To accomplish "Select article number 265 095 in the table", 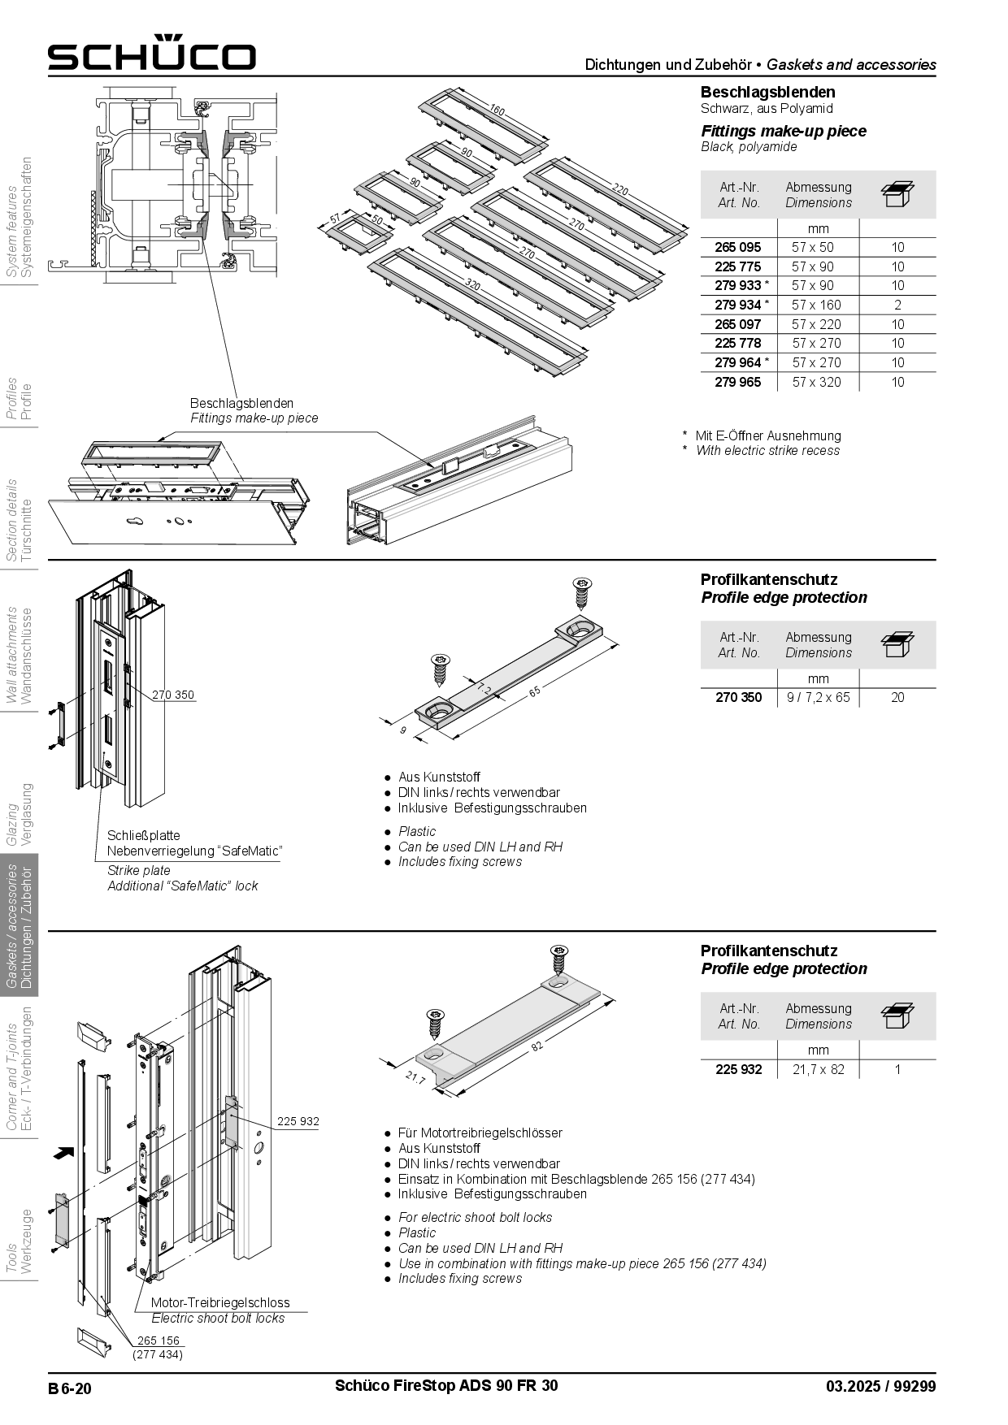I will (737, 247).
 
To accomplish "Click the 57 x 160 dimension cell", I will (816, 305).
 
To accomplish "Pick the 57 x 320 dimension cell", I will (816, 382).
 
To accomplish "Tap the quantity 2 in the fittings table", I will (897, 305).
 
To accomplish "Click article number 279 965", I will (737, 382).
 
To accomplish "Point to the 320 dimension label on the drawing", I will (472, 286).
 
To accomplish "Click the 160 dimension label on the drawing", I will (497, 111).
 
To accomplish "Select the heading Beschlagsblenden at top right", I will (767, 92).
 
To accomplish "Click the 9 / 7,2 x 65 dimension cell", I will (818, 697).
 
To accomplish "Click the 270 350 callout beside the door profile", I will (173, 695).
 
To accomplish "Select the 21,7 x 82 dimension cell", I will (818, 1069).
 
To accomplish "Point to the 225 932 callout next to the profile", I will (298, 1121).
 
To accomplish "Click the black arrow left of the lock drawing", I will (62, 1151).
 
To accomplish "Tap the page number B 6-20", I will (70, 1388).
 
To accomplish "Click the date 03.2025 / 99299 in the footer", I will (880, 1387).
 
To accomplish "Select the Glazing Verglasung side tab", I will (20, 814).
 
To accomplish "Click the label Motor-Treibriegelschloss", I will (219, 1302).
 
